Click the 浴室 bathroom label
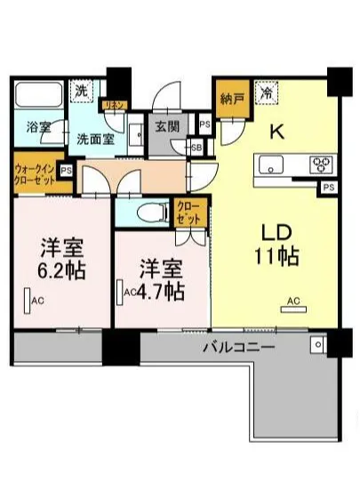pos(38,126)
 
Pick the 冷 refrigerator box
pos(266,90)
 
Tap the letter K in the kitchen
pos(276,132)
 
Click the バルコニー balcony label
pos(237,347)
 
